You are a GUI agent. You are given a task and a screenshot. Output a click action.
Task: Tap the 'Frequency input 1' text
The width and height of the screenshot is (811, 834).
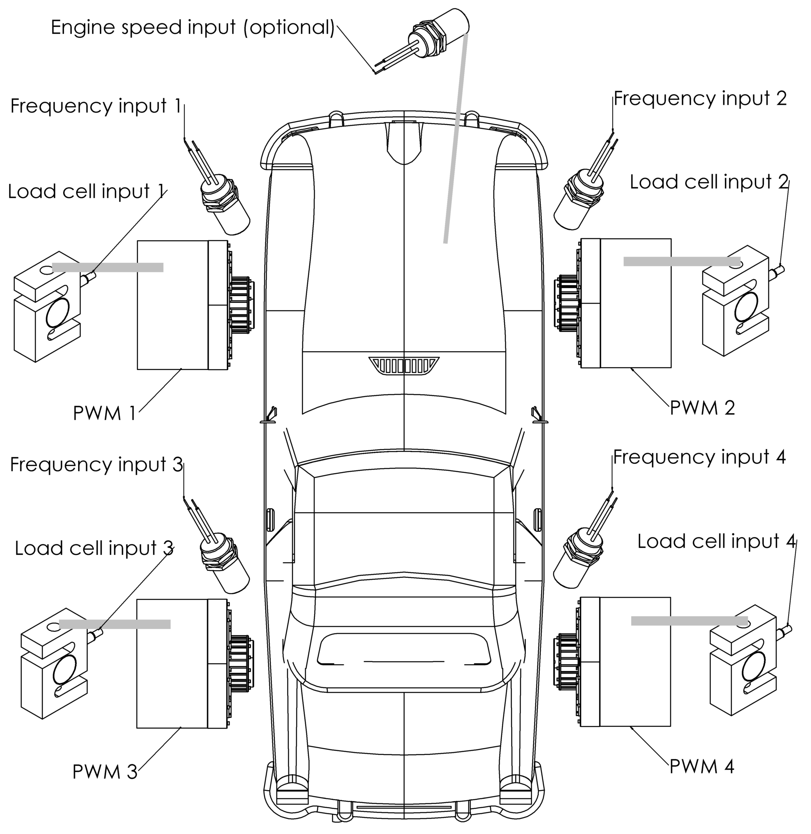(x=95, y=106)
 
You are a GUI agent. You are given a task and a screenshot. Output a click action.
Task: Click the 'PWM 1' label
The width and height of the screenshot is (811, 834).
(x=104, y=414)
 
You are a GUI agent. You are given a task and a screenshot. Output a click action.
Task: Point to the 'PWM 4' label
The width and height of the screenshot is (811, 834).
(x=702, y=767)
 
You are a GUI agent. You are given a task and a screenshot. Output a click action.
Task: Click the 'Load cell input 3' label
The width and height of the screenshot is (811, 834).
(x=94, y=548)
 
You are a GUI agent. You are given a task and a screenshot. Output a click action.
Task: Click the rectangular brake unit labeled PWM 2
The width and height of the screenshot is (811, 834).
(x=626, y=303)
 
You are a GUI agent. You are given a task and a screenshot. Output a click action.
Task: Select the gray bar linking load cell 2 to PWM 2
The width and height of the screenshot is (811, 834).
(x=682, y=262)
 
